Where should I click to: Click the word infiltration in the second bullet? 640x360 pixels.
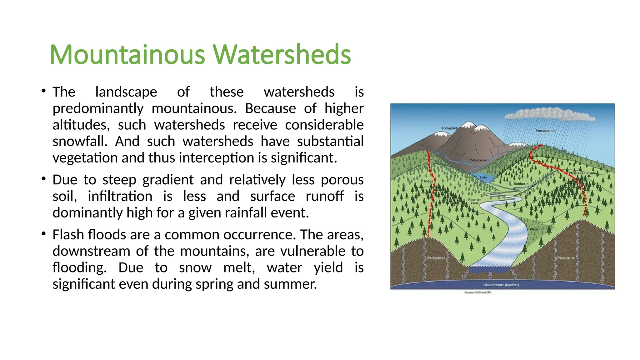click(x=120, y=196)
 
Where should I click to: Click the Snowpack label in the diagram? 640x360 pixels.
click(x=449, y=128)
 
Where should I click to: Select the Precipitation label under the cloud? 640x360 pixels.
click(x=545, y=131)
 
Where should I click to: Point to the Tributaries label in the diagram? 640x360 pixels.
click(x=478, y=160)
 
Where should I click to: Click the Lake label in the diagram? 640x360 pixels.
click(x=483, y=177)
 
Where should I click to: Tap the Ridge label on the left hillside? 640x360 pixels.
click(x=428, y=181)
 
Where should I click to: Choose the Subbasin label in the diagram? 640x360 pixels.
click(x=521, y=184)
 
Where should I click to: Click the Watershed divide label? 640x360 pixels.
click(x=582, y=173)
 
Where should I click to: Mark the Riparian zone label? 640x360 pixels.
click(x=474, y=201)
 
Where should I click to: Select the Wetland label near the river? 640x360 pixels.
click(x=536, y=229)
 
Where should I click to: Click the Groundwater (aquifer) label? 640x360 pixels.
click(x=501, y=285)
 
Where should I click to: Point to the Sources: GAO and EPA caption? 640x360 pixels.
click(x=478, y=292)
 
